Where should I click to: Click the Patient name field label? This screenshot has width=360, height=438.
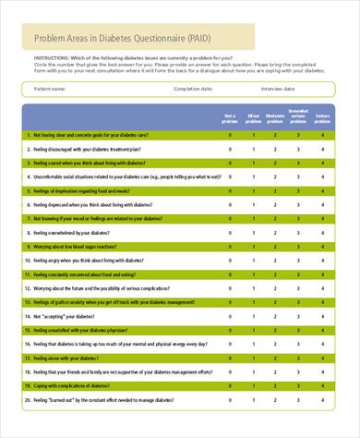click(x=50, y=89)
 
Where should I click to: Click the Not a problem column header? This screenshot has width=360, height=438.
click(x=230, y=116)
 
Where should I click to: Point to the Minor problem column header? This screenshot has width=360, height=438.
click(x=252, y=116)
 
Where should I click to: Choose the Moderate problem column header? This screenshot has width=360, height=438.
click(x=274, y=116)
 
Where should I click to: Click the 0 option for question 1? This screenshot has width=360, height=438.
click(x=230, y=135)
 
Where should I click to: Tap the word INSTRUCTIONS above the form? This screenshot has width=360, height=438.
click(x=50, y=57)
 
